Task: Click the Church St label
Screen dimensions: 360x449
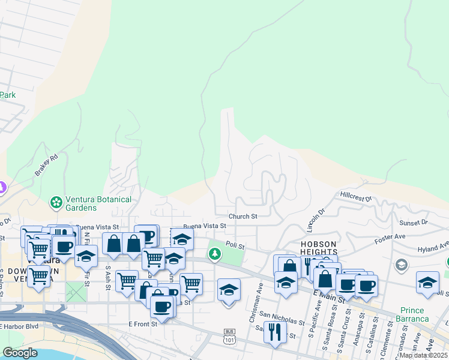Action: pyautogui.click(x=243, y=217)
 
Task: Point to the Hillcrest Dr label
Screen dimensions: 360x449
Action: pyautogui.click(x=356, y=196)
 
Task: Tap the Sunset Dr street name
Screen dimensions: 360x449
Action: pyautogui.click(x=414, y=222)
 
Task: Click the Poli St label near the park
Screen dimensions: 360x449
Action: pyautogui.click(x=235, y=245)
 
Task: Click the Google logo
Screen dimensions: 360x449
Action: pyautogui.click(x=20, y=353)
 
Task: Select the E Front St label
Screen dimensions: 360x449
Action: pyautogui.click(x=143, y=323)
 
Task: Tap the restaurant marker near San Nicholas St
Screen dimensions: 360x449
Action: pyautogui.click(x=275, y=332)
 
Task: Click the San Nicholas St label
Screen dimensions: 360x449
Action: pyautogui.click(x=282, y=322)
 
